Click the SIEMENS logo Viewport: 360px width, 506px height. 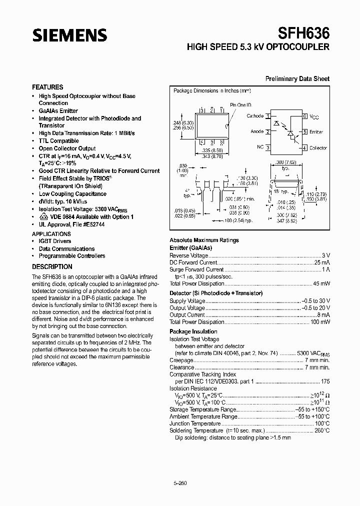point(69,35)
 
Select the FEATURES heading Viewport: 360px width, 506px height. point(47,87)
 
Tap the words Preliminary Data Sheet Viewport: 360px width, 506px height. point(297,79)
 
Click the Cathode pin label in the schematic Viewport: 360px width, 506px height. point(255,116)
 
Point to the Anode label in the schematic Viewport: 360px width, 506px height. point(257,132)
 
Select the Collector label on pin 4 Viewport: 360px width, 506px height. point(318,148)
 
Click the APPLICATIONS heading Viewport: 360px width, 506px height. point(51,234)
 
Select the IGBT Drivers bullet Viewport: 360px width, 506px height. point(55,241)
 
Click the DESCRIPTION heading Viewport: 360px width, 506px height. point(52,267)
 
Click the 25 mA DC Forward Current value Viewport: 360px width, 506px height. point(322,262)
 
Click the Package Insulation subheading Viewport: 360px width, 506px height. point(193,331)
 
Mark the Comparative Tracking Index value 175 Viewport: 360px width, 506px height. point(325,380)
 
